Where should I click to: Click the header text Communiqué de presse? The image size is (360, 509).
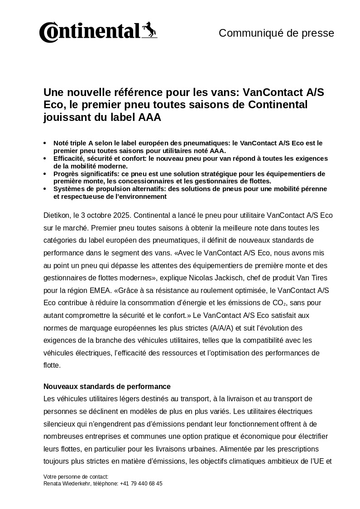pyautogui.click(x=276, y=33)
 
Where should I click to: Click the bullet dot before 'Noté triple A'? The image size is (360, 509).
pyautogui.click(x=44, y=143)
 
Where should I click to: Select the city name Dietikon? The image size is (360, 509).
pyautogui.click(x=56, y=215)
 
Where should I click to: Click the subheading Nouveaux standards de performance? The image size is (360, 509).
pyautogui.click(x=107, y=386)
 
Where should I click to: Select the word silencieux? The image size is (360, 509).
pyautogui.click(x=60, y=424)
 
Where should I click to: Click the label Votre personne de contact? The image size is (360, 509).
pyautogui.click(x=76, y=477)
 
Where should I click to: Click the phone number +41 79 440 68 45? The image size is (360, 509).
pyautogui.click(x=141, y=484)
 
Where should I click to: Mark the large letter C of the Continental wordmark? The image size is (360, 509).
pyautogui.click(x=48, y=33)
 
